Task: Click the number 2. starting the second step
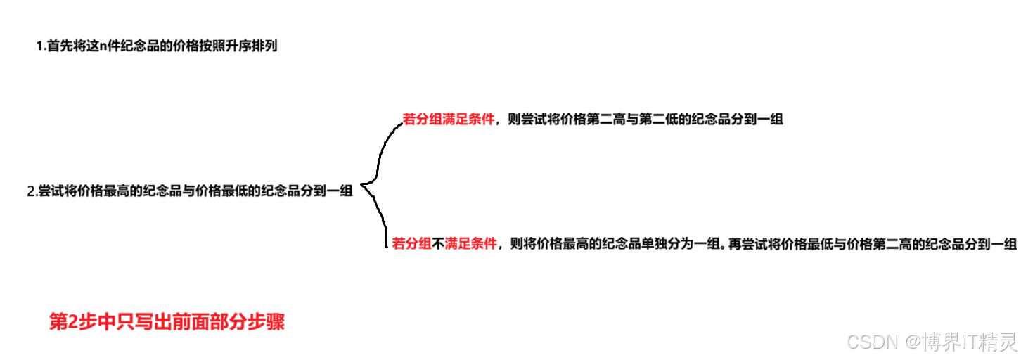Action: pyautogui.click(x=31, y=192)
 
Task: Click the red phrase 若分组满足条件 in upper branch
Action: pyautogui.click(x=449, y=120)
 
